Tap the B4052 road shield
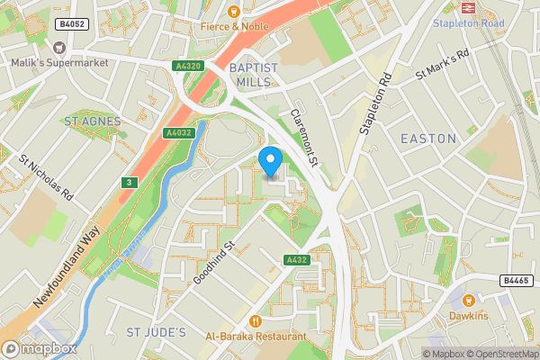pyautogui.click(x=71, y=24)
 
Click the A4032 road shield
pyautogui.click(x=178, y=132)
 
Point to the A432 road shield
pyautogui.click(x=297, y=260)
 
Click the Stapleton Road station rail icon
pyautogui.click(x=468, y=6)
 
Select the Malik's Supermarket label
pyautogui.click(x=59, y=62)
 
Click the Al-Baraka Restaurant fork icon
pyautogui.click(x=256, y=321)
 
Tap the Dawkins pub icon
pyautogui.click(x=468, y=301)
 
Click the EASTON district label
pyautogui.click(x=427, y=138)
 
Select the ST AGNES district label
pyautogui.click(x=91, y=120)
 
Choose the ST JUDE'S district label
pyautogui.click(x=156, y=333)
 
